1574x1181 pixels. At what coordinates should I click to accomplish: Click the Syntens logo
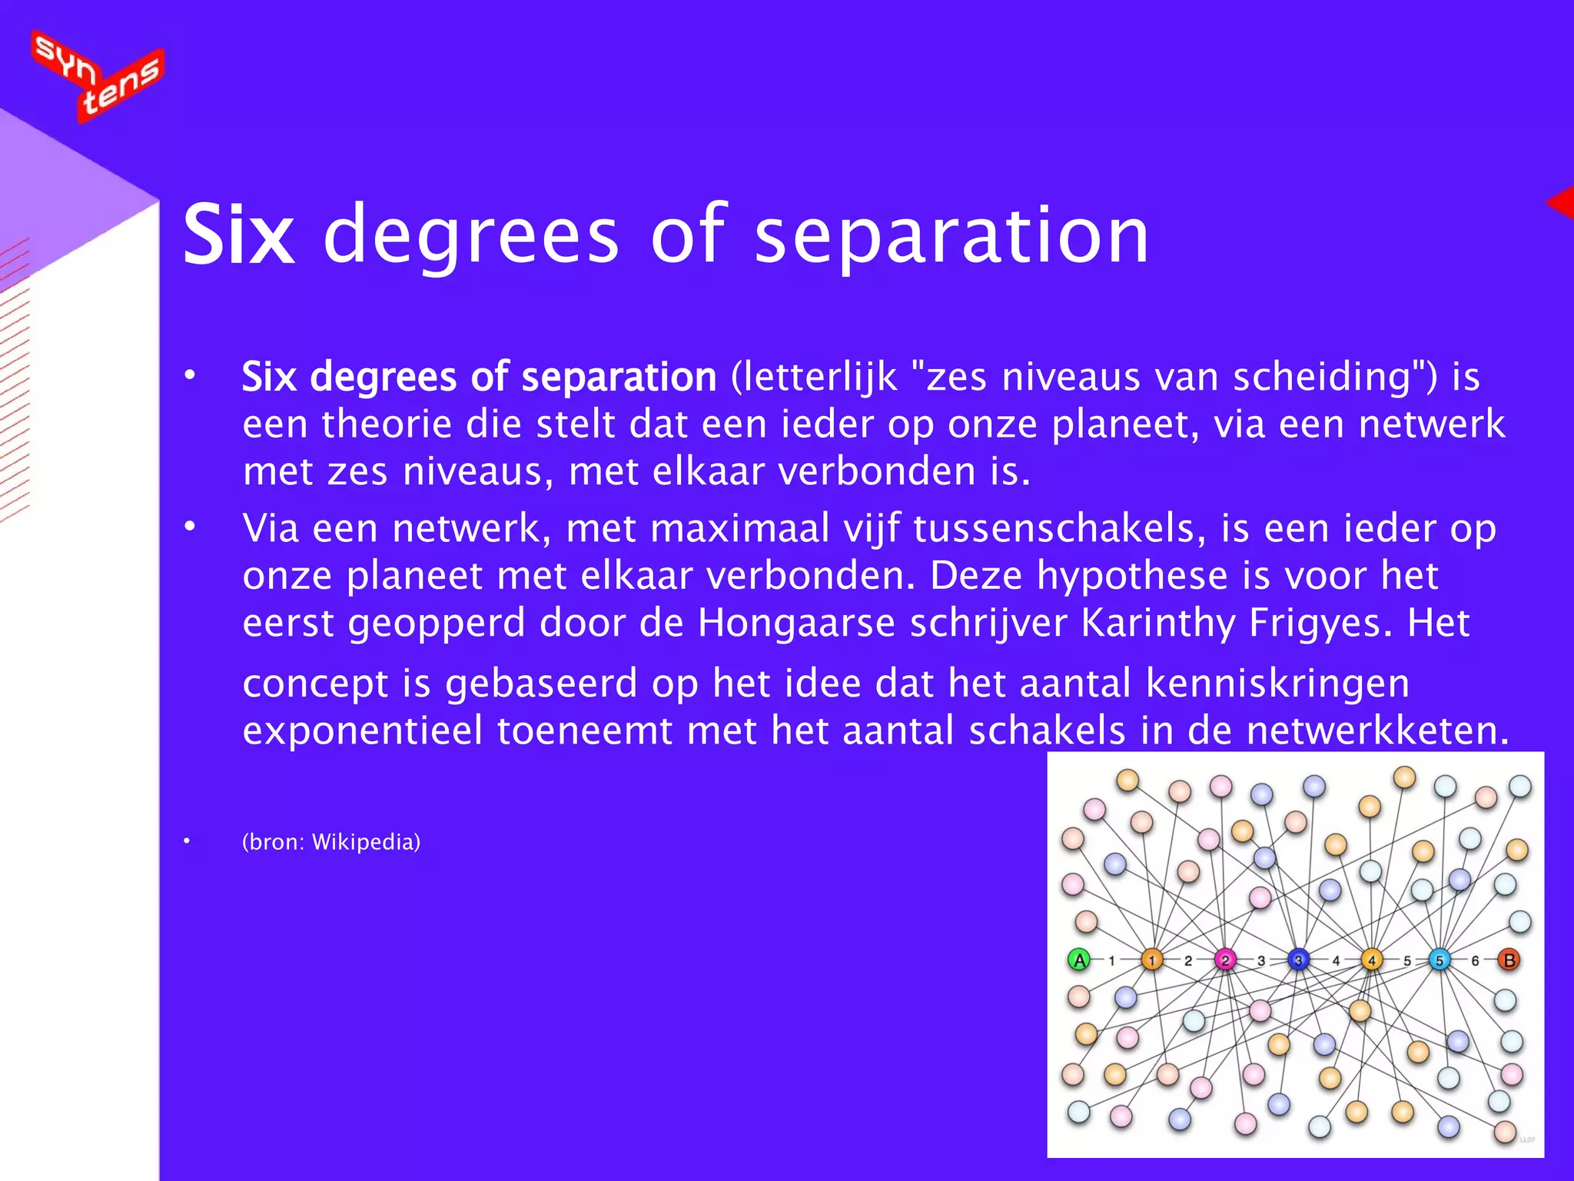tap(98, 75)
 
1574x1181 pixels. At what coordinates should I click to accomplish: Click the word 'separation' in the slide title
tap(951, 235)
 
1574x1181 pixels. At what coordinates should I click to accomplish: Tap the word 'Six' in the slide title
tap(239, 235)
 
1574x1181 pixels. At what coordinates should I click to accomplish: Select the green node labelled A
tap(1080, 960)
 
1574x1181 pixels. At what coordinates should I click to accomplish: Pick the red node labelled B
tap(1509, 960)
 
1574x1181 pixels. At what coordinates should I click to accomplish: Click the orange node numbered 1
tap(1151, 960)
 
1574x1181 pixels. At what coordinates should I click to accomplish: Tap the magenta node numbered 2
tap(1225, 960)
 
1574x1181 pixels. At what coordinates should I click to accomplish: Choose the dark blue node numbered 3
tap(1298, 960)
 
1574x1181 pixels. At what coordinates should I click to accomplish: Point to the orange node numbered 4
tap(1372, 960)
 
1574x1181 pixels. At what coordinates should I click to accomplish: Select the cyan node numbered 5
tap(1440, 960)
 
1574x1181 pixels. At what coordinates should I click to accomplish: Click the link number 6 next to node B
tap(1475, 960)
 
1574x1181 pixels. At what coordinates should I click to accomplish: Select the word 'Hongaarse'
tap(796, 623)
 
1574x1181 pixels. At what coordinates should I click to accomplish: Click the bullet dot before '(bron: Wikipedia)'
tap(187, 841)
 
